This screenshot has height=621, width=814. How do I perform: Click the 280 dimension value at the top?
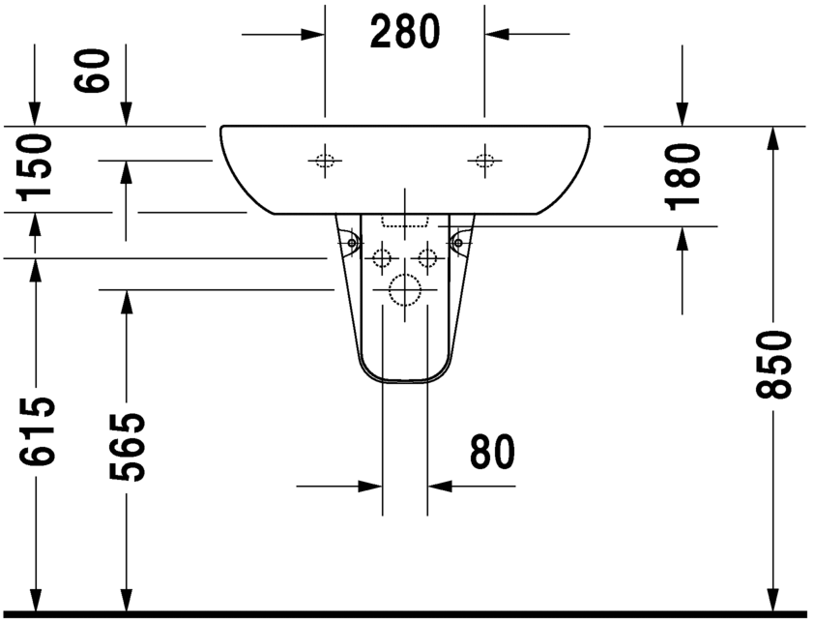[405, 34]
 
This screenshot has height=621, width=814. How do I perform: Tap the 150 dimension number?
[36, 166]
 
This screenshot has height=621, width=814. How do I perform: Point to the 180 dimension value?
[684, 175]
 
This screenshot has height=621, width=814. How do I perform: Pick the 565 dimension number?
[126, 447]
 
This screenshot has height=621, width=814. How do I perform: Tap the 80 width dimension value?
[492, 452]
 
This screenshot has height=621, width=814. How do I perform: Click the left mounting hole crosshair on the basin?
[325, 161]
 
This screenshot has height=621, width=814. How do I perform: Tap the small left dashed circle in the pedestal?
[382, 257]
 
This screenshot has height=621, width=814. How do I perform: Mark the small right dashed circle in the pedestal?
[426, 257]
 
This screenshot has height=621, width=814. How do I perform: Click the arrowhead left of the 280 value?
[311, 35]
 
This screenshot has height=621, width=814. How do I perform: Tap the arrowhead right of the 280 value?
[497, 35]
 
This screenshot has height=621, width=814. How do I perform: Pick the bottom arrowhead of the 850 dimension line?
[772, 600]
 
